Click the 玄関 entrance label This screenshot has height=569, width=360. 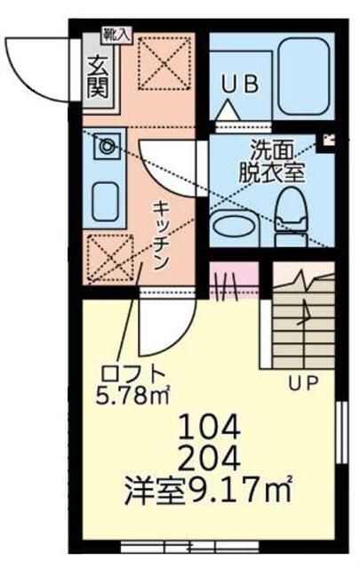tap(97, 76)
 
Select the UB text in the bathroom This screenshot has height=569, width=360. tap(239, 84)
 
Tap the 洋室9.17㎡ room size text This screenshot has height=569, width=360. tap(210, 491)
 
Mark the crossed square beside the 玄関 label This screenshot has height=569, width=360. tap(161, 64)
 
